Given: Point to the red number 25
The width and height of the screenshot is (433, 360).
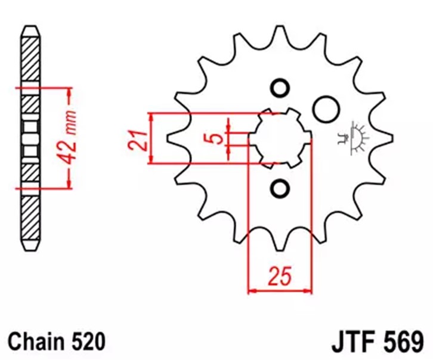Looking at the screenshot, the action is pos(280,275).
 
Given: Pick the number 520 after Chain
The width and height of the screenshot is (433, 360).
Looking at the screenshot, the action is pos(89,342).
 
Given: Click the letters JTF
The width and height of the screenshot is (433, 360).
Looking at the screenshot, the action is pos(352,342).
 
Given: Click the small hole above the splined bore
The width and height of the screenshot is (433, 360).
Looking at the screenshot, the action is pos(280,88).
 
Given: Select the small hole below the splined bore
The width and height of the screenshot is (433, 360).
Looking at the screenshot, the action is pos(280,188).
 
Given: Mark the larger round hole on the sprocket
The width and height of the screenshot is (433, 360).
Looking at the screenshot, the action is pos(326,109).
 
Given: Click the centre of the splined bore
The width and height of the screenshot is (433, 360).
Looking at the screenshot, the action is pos(280,138).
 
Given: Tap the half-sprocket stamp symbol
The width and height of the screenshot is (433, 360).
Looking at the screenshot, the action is pos(354,138).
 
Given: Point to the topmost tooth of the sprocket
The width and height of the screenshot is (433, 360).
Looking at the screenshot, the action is pos(280,32).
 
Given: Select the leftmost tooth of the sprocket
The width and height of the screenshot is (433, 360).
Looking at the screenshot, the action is pos(174,138).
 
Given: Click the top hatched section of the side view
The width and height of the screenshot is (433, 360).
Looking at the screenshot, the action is pos(30,59).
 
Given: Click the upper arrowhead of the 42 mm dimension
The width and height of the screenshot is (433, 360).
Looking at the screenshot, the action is pos(69,93).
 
